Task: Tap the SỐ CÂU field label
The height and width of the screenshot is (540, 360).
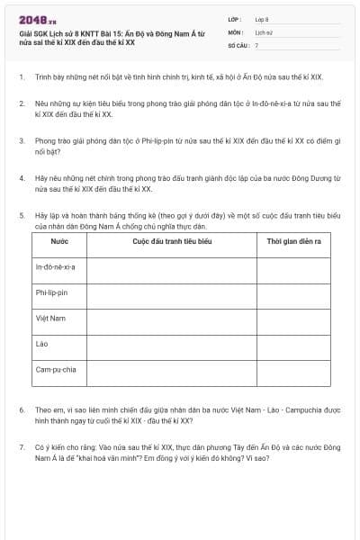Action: [x=237, y=44]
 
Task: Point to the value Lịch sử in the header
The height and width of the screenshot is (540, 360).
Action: [x=263, y=31]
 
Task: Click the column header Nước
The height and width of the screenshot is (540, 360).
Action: [x=58, y=243]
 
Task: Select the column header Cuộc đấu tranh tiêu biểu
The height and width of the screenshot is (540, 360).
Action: [x=171, y=243]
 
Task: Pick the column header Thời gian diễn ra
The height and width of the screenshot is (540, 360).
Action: [x=293, y=243]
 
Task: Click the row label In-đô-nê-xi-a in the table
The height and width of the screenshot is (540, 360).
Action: [x=56, y=267]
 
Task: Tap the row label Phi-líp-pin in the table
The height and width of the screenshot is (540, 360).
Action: [x=52, y=292]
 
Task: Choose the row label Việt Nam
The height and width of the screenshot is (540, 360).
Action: [x=50, y=318]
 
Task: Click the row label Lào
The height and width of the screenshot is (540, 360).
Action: [x=41, y=343]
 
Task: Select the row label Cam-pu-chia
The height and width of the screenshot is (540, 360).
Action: [x=56, y=369]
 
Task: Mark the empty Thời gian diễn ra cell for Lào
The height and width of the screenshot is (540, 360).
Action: [x=293, y=344]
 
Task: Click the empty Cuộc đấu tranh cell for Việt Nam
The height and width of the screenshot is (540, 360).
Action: [x=171, y=319]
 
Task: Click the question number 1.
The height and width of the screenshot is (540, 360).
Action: [x=21, y=77]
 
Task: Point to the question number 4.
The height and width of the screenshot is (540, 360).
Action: [x=21, y=178]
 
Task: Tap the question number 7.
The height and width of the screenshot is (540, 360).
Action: [x=21, y=445]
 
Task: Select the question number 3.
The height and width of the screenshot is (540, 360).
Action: [x=21, y=141]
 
